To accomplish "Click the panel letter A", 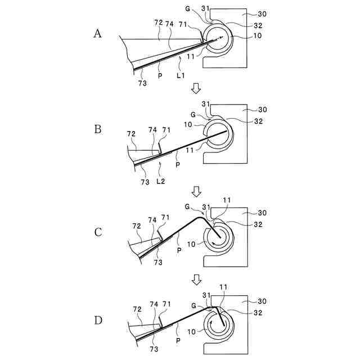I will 97,34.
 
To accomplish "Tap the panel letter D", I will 98,321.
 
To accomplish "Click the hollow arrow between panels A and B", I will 196,88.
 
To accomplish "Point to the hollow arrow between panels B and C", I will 196,192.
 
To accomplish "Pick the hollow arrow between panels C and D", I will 196,280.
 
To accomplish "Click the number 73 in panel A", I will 142,83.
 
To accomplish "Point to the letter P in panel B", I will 178,165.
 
